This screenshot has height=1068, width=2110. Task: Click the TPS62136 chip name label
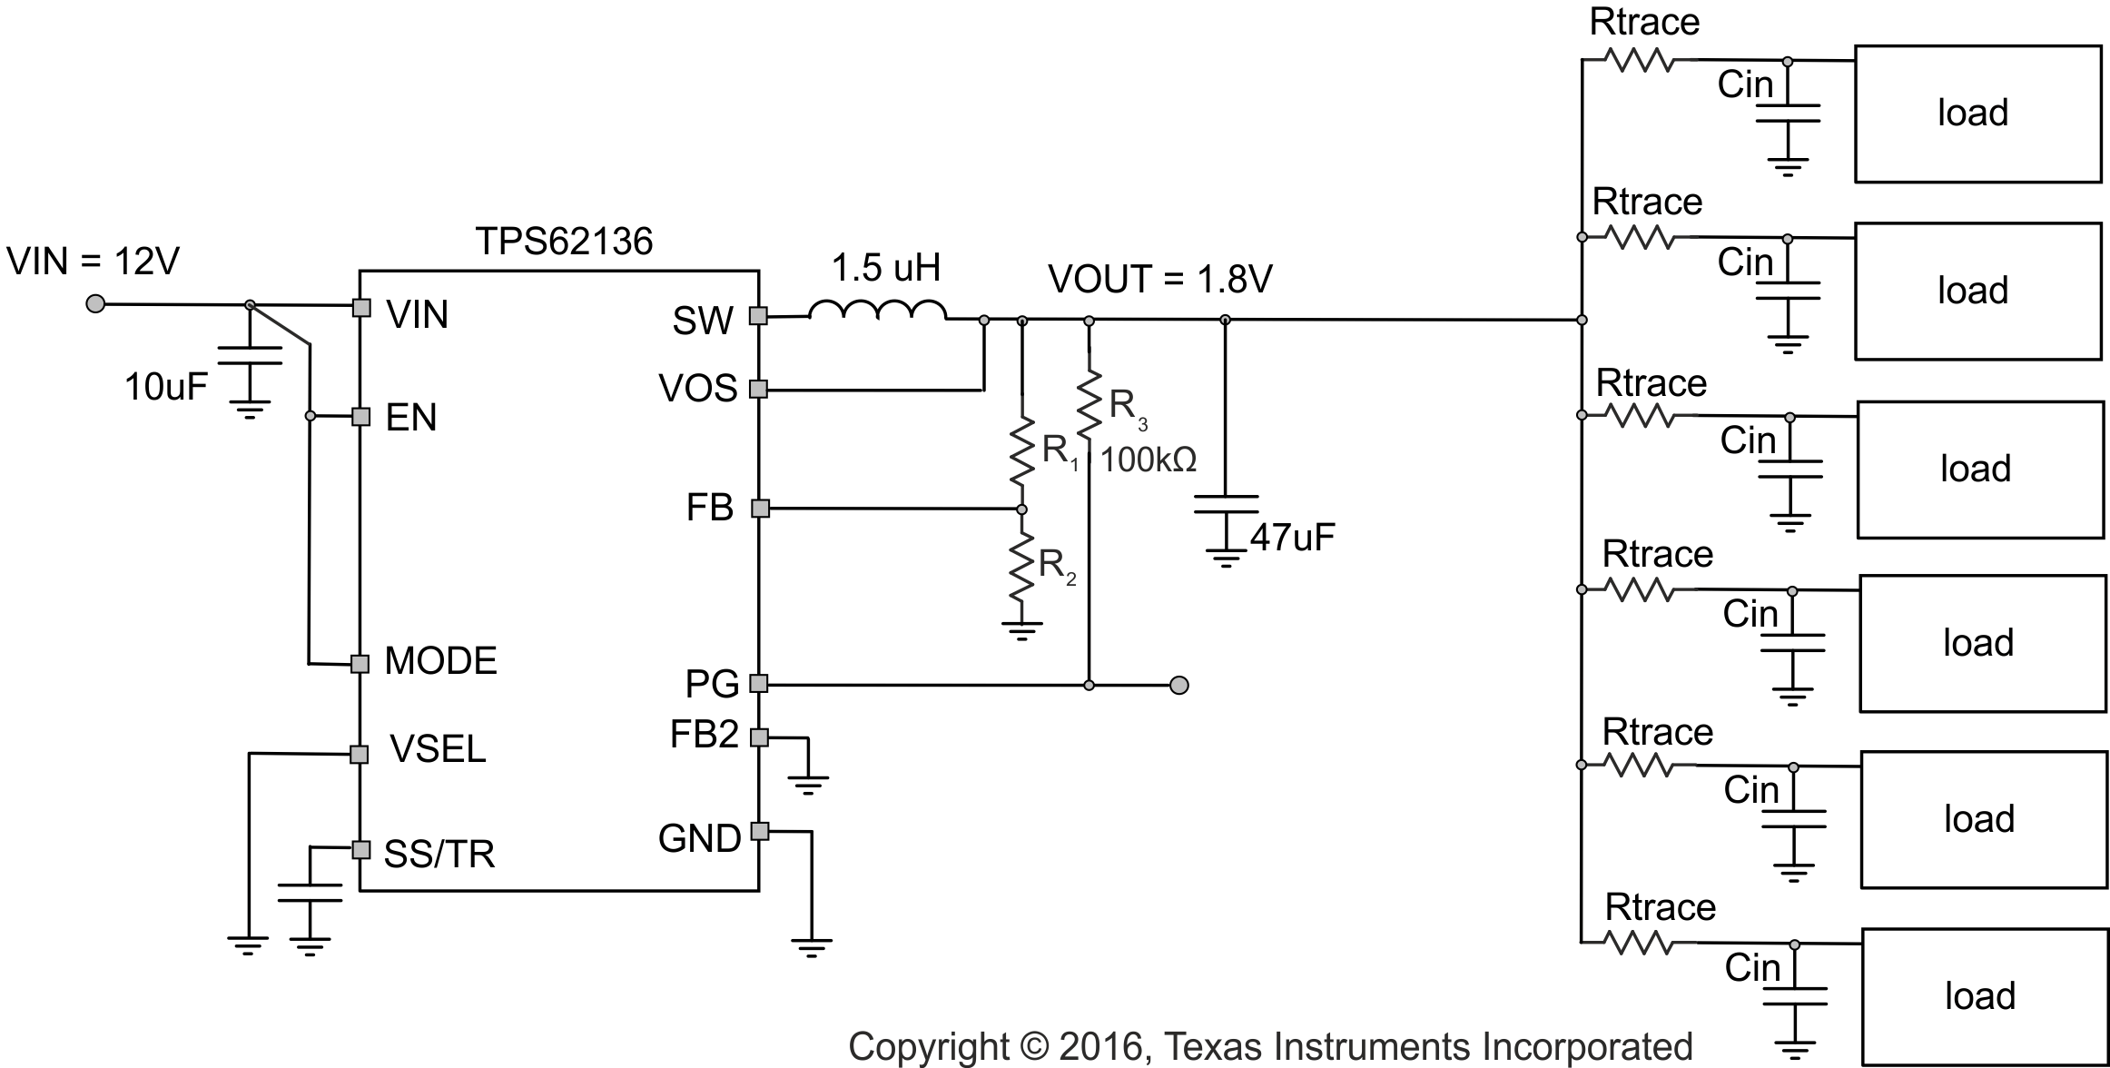564,242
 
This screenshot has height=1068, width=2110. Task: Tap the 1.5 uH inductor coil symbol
877,311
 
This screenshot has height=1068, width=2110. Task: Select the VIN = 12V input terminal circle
94,303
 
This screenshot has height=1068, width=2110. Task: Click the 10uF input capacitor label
165,388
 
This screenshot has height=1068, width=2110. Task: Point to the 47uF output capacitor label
1292,538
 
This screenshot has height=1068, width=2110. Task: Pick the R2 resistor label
1057,566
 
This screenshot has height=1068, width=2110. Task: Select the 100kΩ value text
1149,460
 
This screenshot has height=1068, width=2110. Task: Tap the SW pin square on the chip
758,316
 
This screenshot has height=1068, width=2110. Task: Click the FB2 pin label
704,735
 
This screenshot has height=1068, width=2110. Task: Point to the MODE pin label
440,661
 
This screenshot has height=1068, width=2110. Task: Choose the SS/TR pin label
439,855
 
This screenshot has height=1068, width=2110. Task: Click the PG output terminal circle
1178,685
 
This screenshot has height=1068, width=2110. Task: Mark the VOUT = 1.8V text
1159,280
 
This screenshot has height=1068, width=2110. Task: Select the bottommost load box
1984,996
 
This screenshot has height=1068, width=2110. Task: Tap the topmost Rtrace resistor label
1644,23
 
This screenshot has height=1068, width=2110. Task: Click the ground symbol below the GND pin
811,948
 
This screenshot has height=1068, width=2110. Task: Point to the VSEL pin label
438,749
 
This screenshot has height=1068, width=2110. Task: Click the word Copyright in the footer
928,1047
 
